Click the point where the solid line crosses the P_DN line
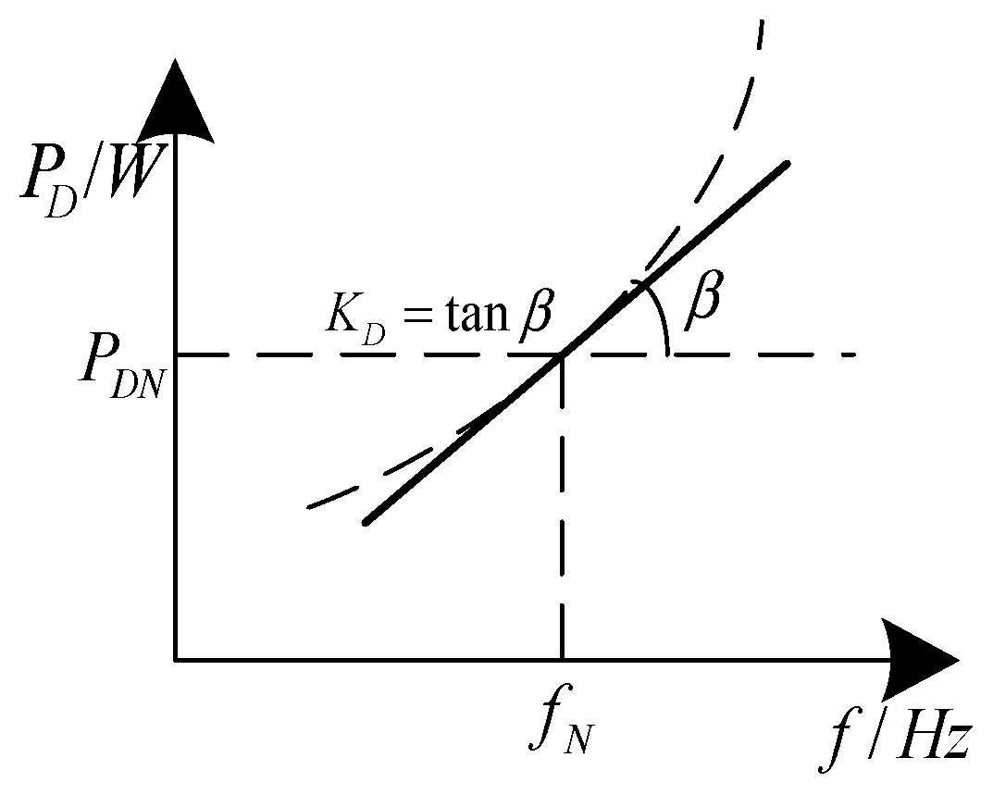coord(562,354)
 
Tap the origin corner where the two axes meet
coord(175,659)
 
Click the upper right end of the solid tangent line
coord(788,164)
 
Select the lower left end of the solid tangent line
coord(366,523)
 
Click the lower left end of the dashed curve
coord(309,507)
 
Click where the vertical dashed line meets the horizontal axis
coord(562,659)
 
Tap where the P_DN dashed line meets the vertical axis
coord(175,354)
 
